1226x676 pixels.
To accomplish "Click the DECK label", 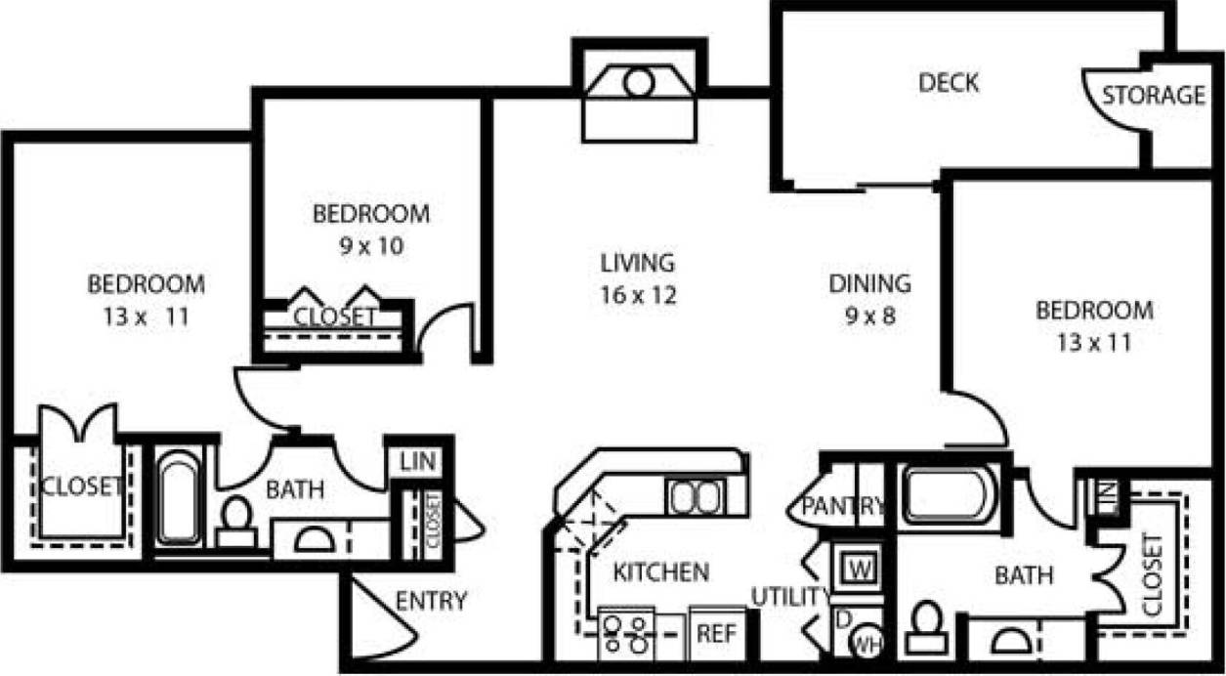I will coord(949,83).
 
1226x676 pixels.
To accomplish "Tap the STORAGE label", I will coord(1154,96).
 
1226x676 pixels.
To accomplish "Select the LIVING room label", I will coord(637,263).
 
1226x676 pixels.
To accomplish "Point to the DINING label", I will coord(869,284).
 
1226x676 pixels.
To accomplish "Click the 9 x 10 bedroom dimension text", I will coord(370,246).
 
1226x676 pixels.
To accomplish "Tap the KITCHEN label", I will coord(660,572).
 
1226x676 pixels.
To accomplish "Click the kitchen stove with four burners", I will coord(626,634).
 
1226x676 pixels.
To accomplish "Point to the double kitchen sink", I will coord(695,497).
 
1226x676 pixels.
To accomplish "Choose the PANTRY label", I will coord(842,506).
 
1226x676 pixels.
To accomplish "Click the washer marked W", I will coord(860,568).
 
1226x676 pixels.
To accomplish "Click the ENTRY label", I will coord(431,601).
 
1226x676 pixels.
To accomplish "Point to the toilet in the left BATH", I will coord(235,518).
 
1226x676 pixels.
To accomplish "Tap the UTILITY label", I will coord(790,596).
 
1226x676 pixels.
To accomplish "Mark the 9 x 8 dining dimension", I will coord(869,316).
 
